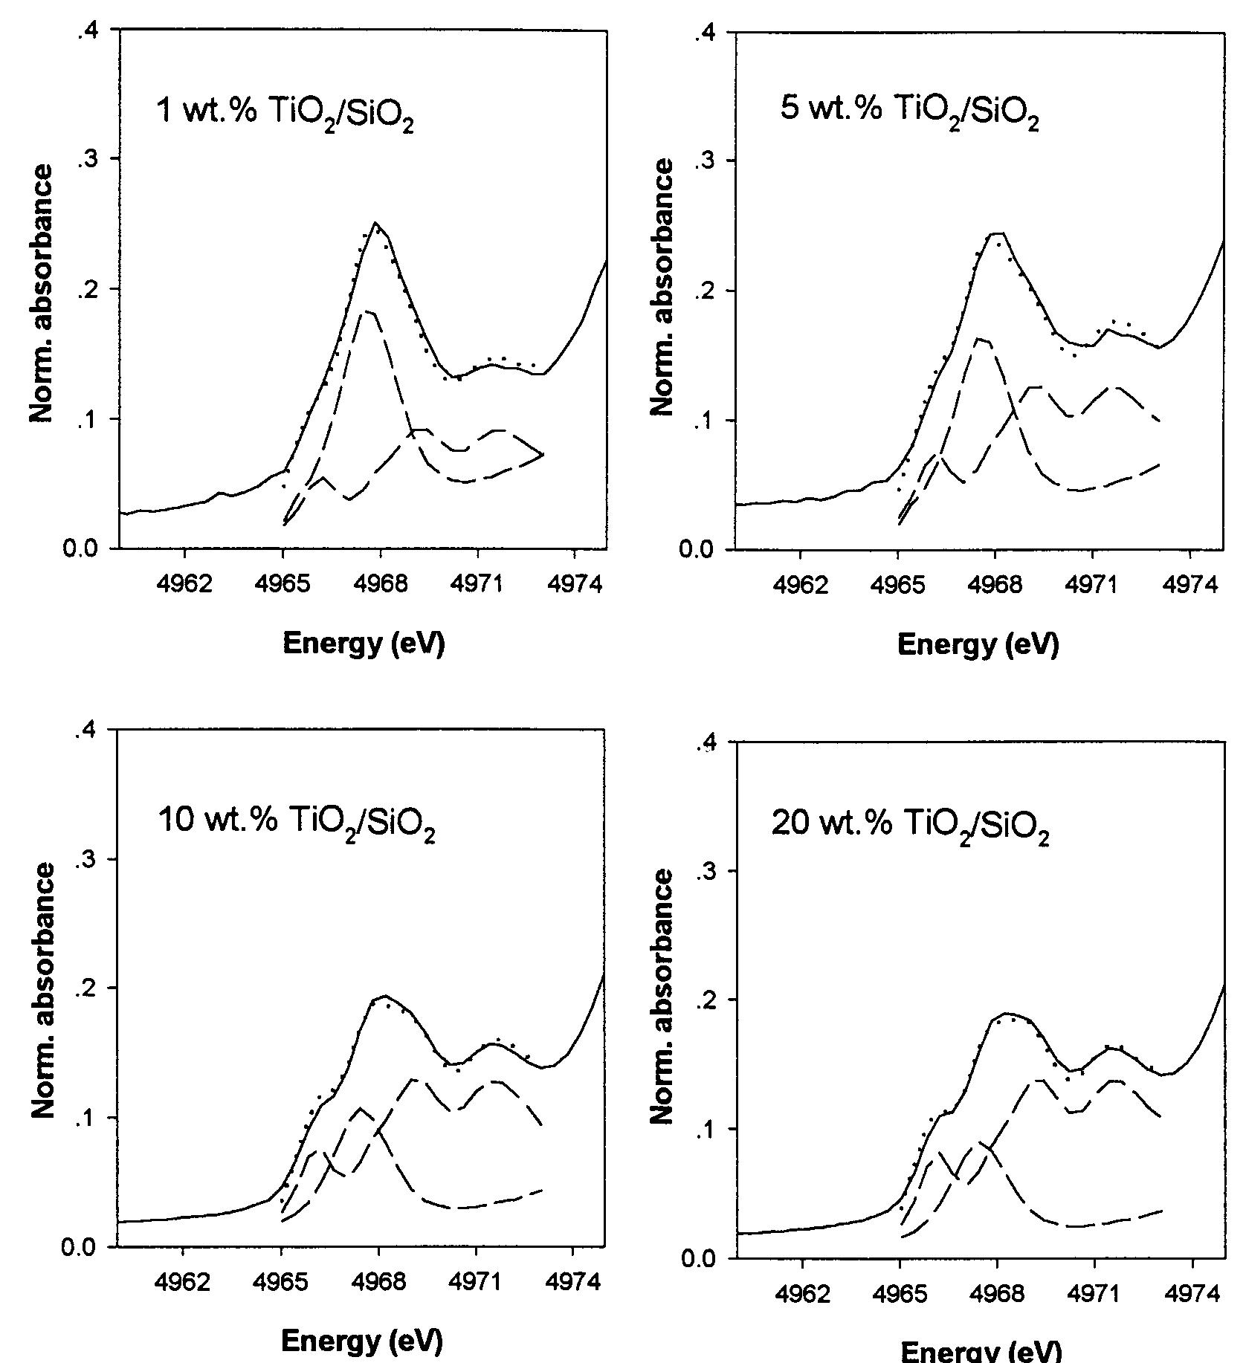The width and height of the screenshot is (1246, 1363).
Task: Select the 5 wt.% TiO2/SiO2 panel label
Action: click(x=908, y=113)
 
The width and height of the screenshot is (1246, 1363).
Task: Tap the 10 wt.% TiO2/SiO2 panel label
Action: click(x=296, y=823)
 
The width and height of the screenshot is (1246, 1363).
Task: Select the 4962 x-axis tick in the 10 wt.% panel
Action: click(x=184, y=1281)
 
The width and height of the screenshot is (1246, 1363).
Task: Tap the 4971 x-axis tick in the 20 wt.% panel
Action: click(x=1093, y=1293)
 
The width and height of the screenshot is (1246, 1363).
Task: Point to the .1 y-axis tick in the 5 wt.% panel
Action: click(x=705, y=421)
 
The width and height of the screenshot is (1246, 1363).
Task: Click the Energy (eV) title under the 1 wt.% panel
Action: click(x=364, y=644)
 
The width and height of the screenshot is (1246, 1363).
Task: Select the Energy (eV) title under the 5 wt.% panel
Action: click(x=978, y=644)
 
